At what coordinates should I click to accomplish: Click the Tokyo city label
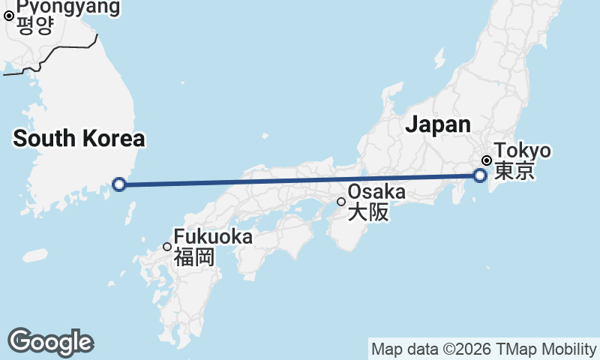tap(522, 151)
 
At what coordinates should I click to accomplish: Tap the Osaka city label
tap(376, 192)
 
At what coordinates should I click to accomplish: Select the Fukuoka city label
tap(213, 237)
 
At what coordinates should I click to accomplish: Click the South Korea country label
tap(79, 139)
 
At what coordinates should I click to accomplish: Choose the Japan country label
tap(438, 124)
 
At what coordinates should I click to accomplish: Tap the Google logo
tap(50, 342)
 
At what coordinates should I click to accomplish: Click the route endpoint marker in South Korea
tap(118, 184)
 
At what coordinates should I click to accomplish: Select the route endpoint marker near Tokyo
tap(480, 175)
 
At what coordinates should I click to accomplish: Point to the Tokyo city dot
tap(487, 160)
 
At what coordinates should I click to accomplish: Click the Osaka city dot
tap(341, 201)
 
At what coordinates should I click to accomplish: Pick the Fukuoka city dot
tap(167, 247)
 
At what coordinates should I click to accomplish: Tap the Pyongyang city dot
tap(9, 14)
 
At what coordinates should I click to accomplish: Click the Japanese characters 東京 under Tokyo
tap(514, 172)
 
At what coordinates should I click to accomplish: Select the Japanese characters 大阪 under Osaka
tap(368, 212)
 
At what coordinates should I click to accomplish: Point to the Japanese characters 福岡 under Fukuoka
tap(194, 258)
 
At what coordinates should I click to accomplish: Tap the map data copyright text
tap(484, 349)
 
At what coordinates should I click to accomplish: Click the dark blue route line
tap(300, 180)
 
